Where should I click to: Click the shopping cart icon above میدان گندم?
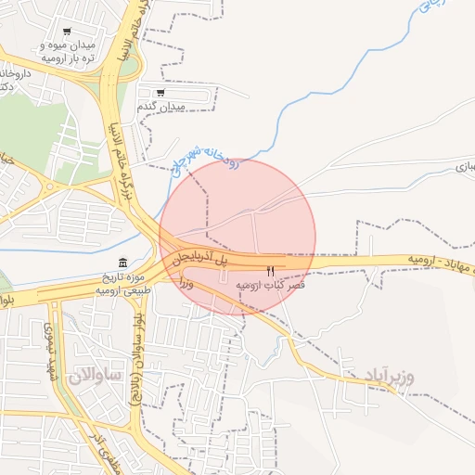(160, 93)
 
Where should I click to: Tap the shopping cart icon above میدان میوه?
(65, 32)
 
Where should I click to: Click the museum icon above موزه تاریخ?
(124, 263)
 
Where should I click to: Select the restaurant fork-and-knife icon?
(270, 271)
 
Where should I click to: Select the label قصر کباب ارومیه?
(271, 285)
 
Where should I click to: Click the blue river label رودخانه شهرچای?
(206, 159)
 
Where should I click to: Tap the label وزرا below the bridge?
(185, 280)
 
